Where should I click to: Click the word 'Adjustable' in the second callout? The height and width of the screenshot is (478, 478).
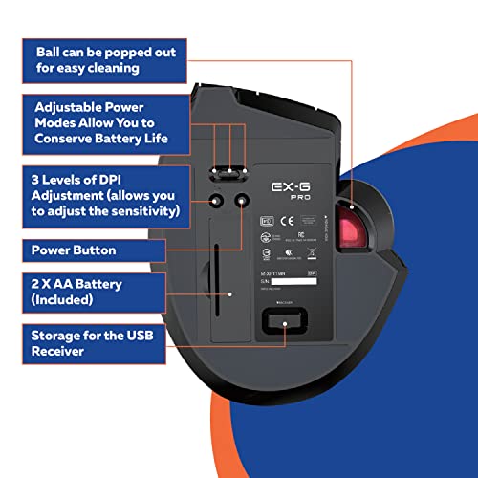[x=77, y=108]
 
